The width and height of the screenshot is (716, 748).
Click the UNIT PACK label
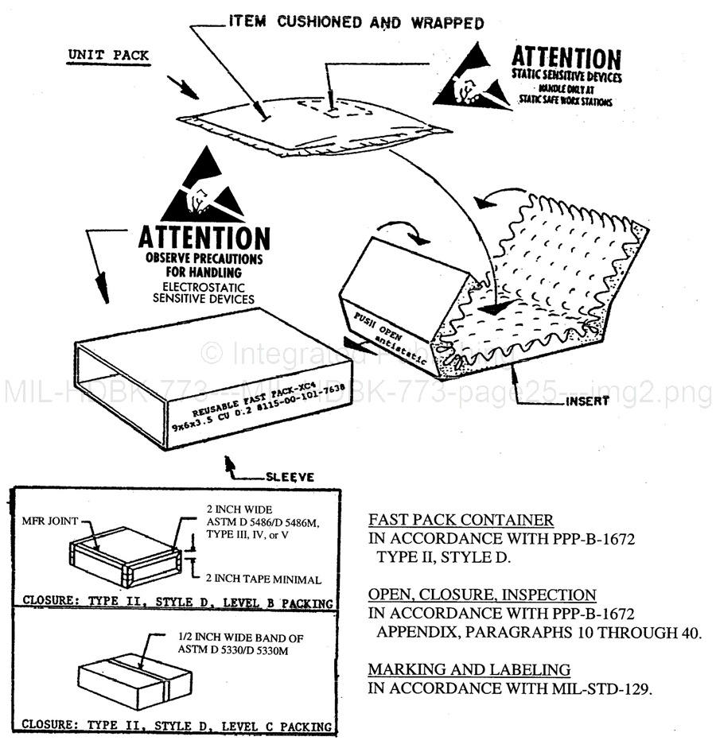tap(107, 55)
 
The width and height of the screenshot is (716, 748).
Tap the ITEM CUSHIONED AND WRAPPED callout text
tap(356, 22)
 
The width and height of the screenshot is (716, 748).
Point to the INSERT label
tap(587, 401)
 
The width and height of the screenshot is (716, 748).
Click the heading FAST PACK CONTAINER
tap(461, 521)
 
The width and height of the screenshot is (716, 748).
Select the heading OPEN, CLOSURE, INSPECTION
tap(481, 595)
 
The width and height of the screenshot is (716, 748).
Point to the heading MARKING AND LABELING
tap(469, 669)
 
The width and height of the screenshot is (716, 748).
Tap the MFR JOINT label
tap(51, 521)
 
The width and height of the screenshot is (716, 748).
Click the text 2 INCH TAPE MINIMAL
tap(263, 579)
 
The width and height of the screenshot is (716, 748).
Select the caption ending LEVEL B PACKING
tap(176, 602)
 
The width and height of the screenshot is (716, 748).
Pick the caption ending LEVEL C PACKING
tap(176, 725)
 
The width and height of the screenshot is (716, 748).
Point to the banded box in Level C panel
tap(136, 677)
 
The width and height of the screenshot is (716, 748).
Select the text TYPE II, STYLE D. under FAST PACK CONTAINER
tap(442, 557)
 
